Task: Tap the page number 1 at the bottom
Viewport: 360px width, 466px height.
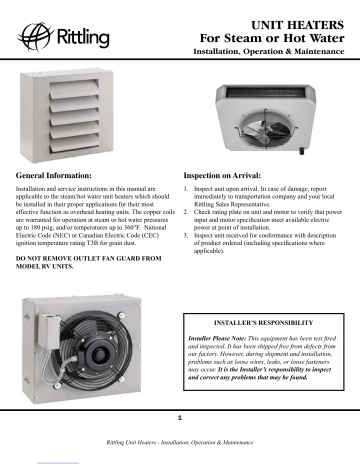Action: (x=179, y=416)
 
